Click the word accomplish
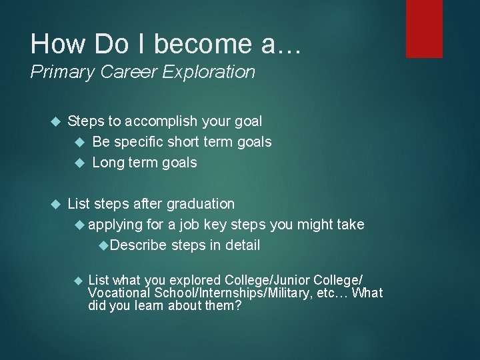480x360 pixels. [155, 121]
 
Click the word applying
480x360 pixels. [115, 224]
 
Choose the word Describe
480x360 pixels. [139, 245]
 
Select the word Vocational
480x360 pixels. [121, 293]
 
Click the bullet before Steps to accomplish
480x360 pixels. [56, 122]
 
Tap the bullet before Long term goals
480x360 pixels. [80, 163]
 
